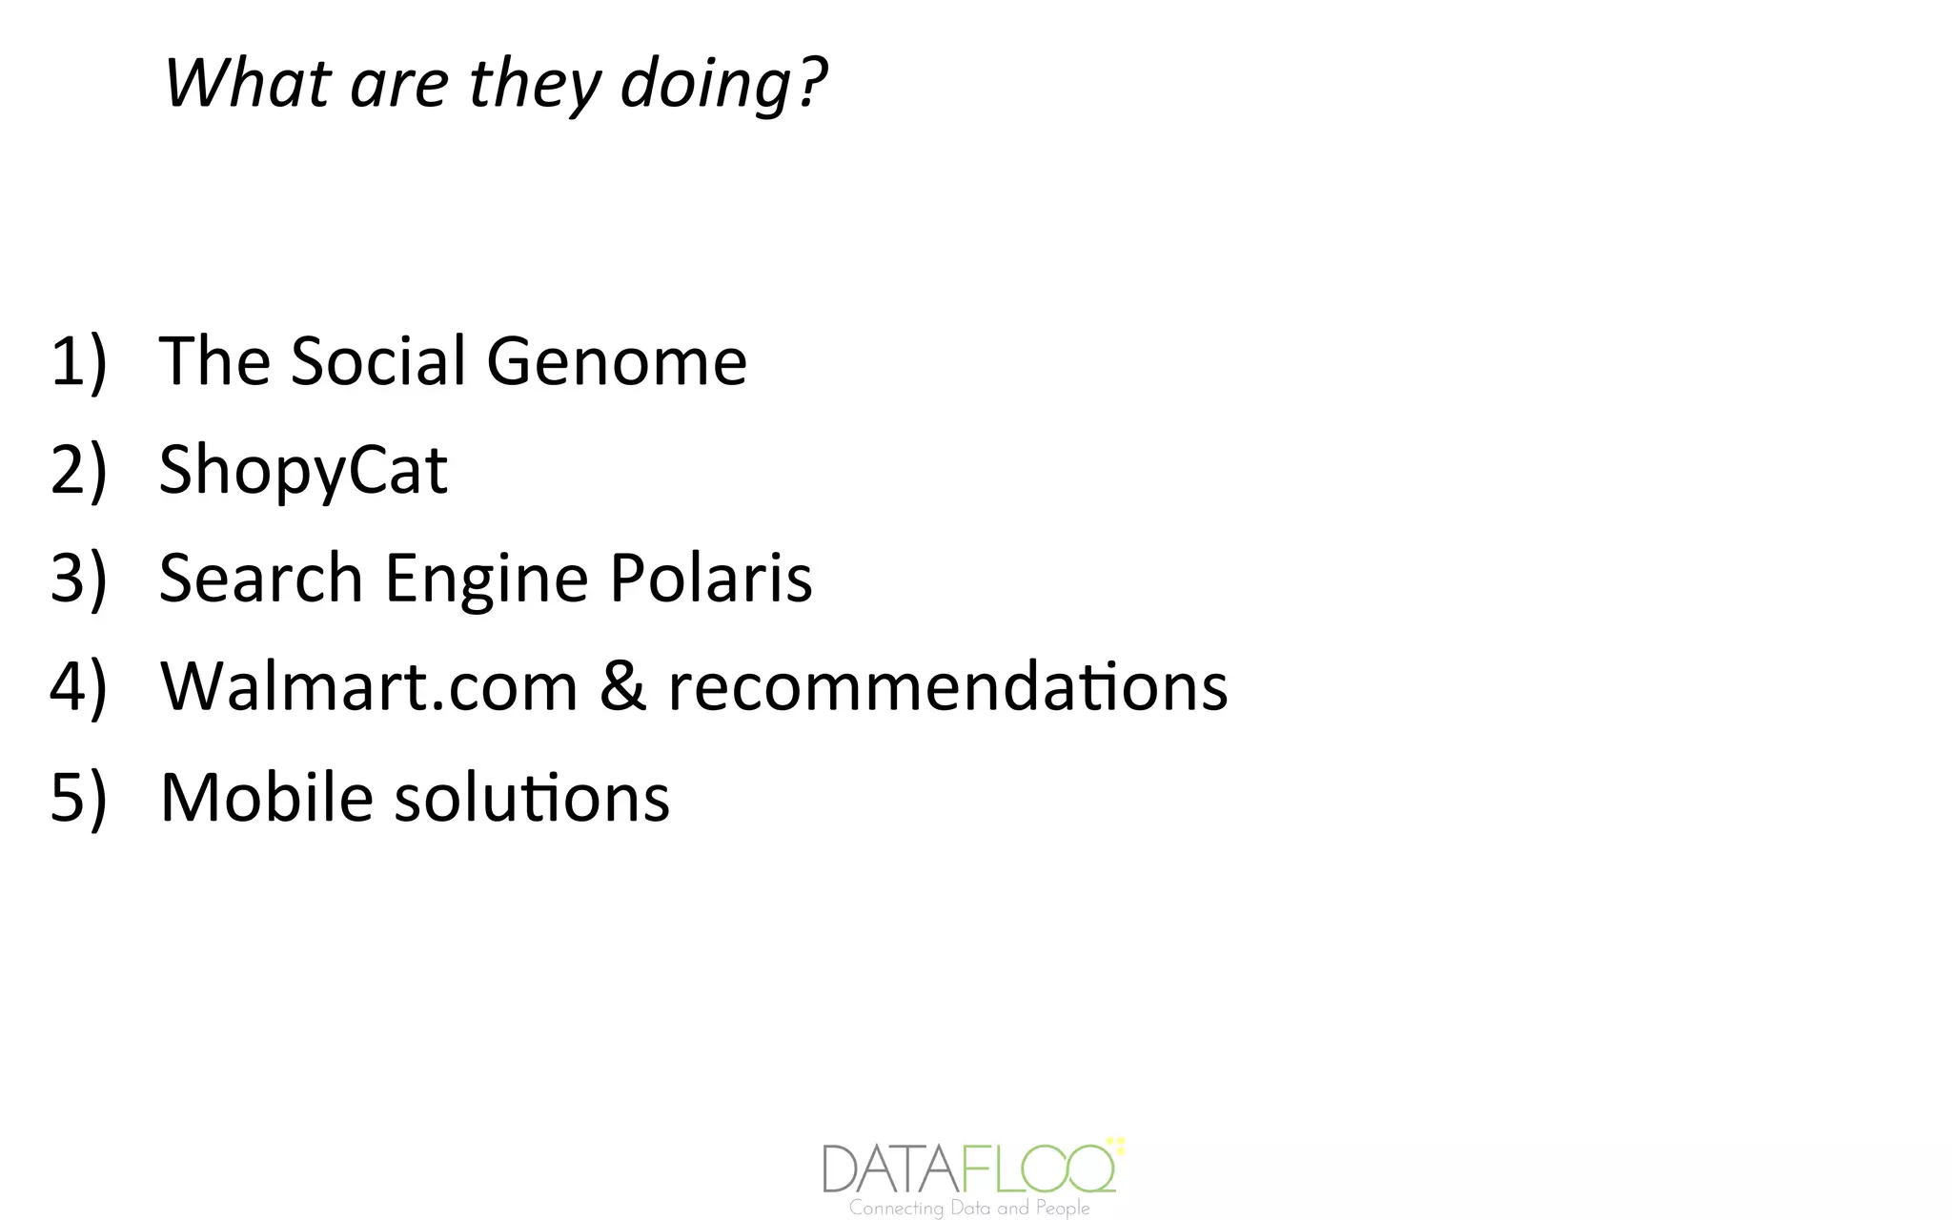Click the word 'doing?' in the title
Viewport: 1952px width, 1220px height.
(723, 85)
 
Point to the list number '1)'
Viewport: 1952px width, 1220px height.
(78, 362)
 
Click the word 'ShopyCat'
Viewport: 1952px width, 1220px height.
(303, 470)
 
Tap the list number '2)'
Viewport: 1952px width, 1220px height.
(78, 470)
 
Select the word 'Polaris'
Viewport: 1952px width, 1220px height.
(711, 579)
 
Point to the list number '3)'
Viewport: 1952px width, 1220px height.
(78, 579)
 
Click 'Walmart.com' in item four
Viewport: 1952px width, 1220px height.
(369, 687)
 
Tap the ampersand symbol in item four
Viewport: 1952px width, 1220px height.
(622, 687)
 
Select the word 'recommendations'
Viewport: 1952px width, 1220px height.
(947, 687)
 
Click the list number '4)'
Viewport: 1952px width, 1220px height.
(78, 687)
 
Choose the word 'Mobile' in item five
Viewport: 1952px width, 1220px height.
(266, 797)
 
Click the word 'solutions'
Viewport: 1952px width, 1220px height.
(532, 797)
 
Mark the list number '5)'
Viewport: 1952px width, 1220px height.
(78, 797)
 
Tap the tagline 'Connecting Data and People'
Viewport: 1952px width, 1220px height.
(969, 1209)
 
